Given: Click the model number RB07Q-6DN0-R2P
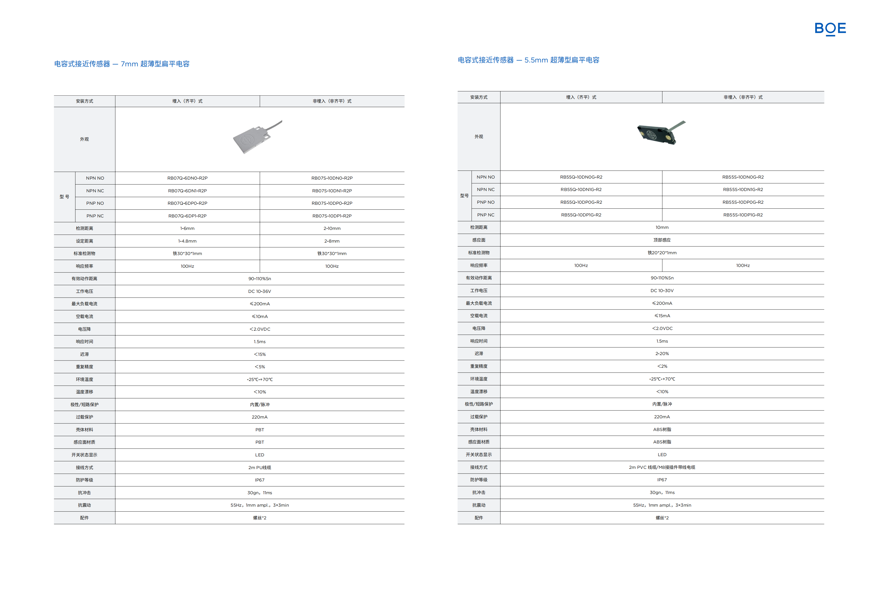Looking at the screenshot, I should pos(187,178).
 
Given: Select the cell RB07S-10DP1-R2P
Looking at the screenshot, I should pos(332,216).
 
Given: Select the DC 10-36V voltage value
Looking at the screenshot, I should pos(260,291).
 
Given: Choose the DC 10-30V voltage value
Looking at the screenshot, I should pos(662,291).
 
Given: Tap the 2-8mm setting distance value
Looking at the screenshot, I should pos(332,241).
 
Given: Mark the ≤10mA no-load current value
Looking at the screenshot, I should pos(260,316).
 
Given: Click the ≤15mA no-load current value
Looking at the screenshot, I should pos(662,316).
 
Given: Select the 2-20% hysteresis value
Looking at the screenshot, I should pos(662,353).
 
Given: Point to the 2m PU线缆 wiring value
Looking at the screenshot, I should pos(260,468).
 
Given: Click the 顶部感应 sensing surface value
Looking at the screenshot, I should pos(662,240).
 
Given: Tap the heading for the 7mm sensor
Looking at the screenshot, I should pos(122,64).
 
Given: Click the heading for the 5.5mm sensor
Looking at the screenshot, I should pos(528,60).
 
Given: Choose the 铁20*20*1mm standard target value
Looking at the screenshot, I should pos(662,253).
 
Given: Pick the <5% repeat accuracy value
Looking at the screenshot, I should pos(260,367).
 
